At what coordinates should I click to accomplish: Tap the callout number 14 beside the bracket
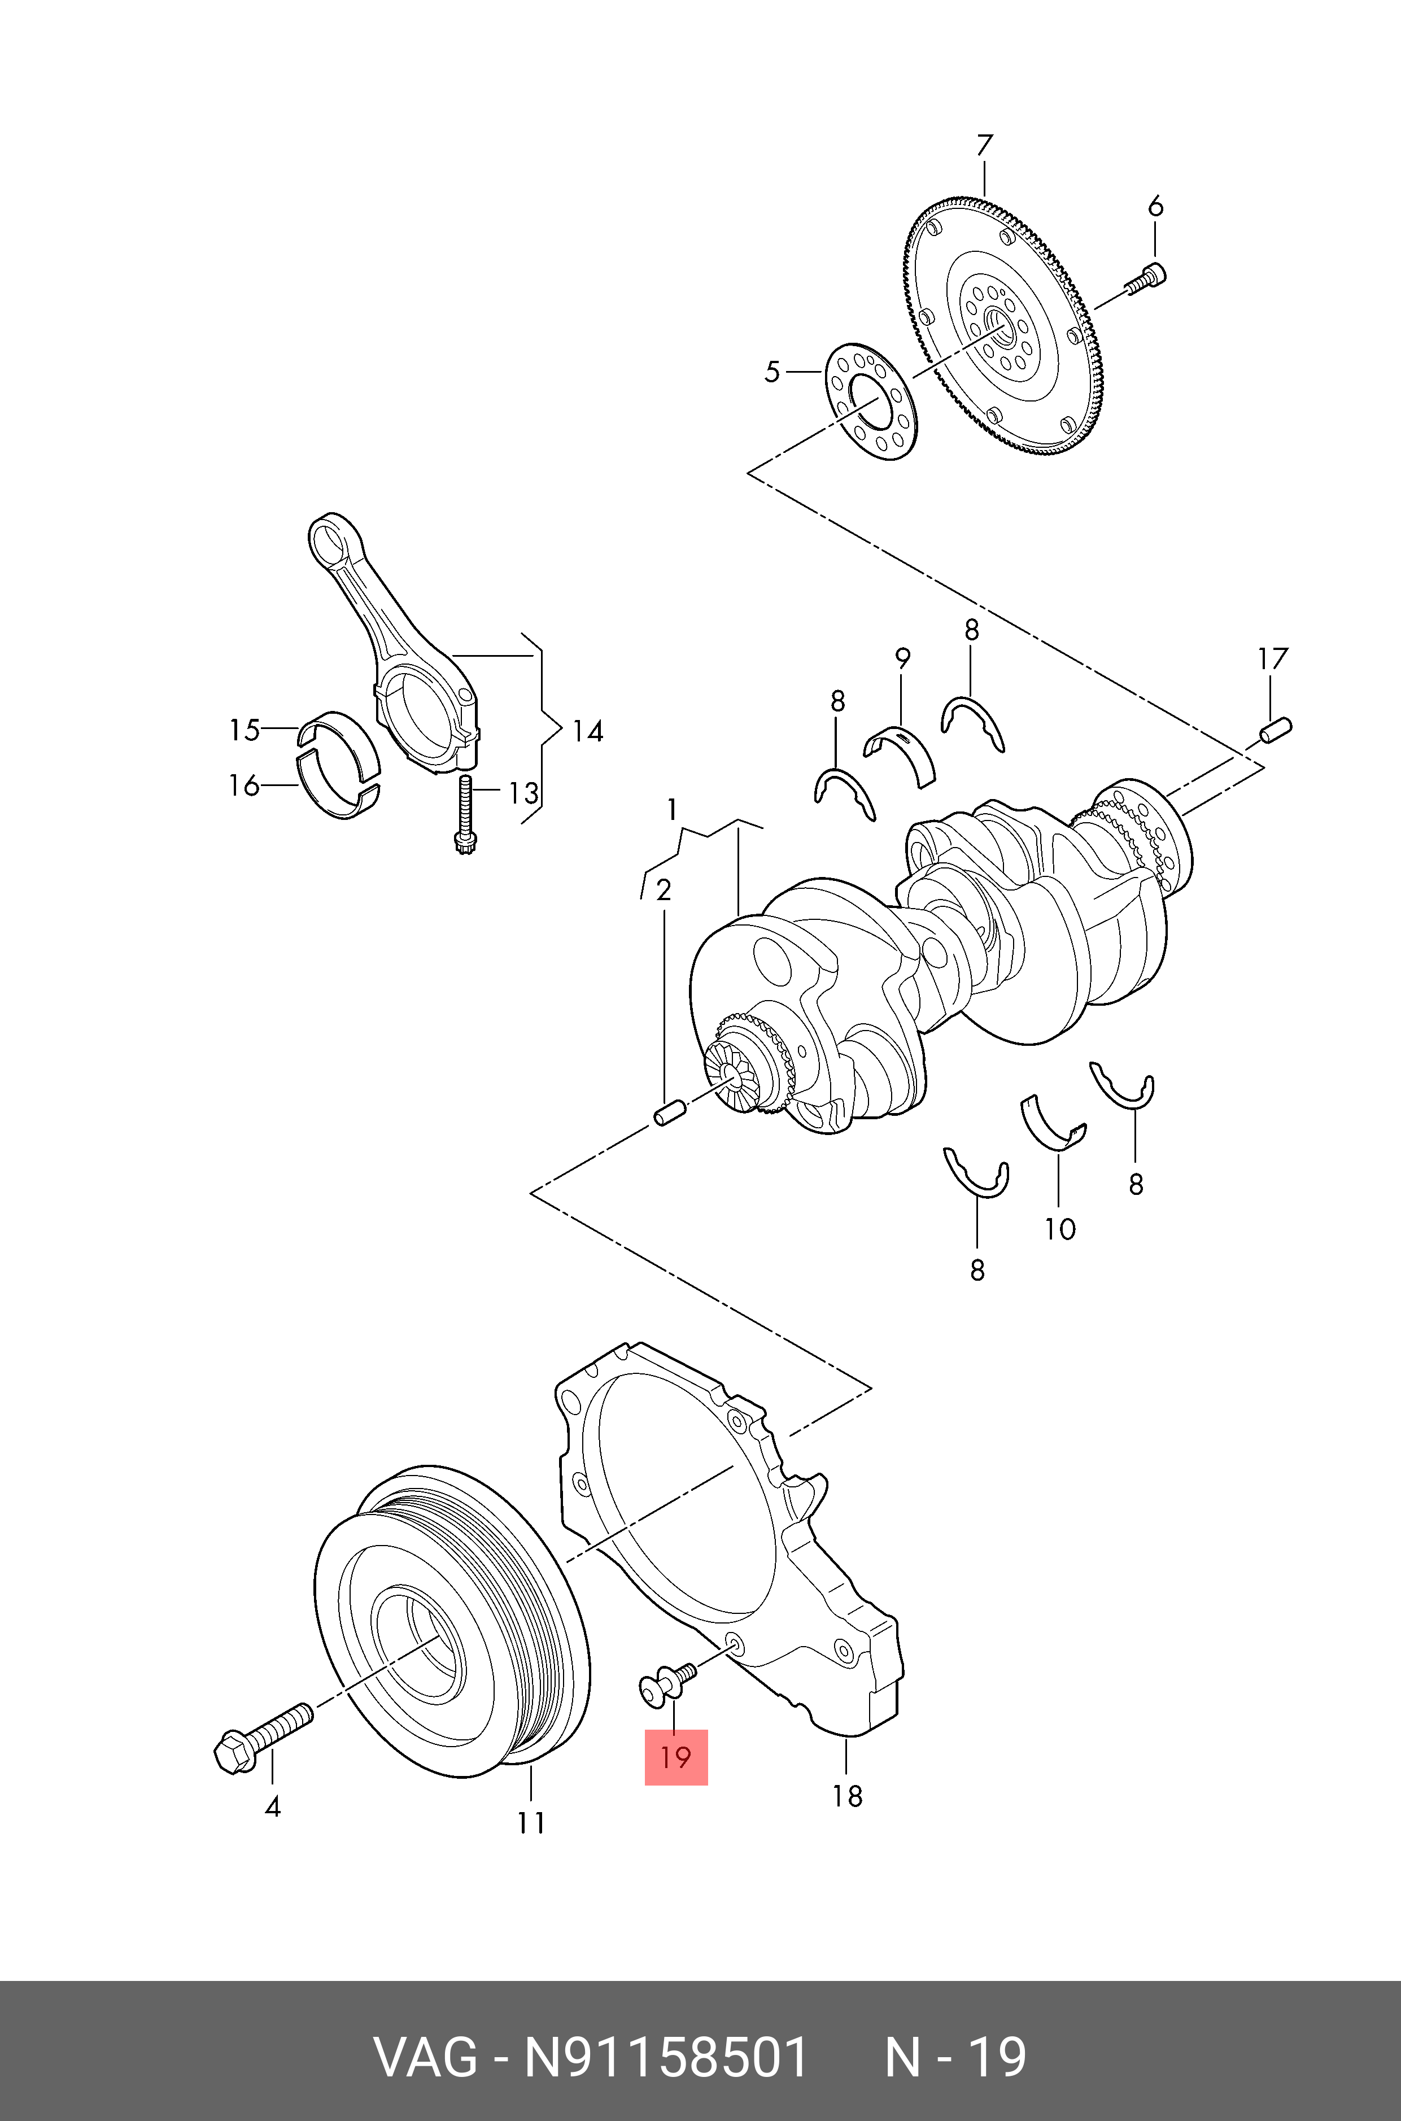pyautogui.click(x=587, y=732)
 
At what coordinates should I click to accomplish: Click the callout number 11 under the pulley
pyautogui.click(x=531, y=1822)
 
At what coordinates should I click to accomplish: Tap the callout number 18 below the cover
pyautogui.click(x=847, y=1795)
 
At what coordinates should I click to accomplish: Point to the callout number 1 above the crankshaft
pyautogui.click(x=672, y=810)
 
